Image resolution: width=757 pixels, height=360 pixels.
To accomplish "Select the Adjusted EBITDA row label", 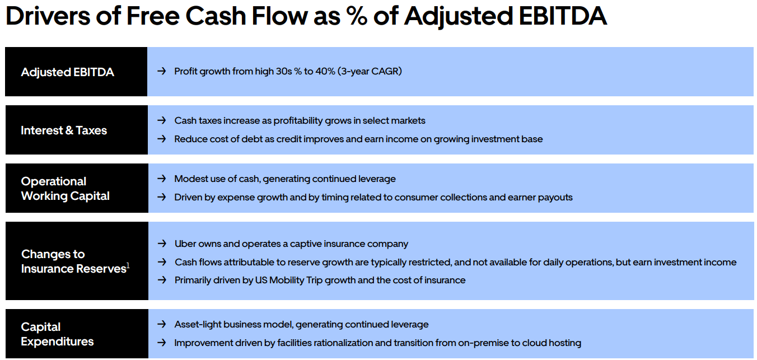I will (x=67, y=72).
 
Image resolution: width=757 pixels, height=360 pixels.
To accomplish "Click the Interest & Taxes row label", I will (x=64, y=130).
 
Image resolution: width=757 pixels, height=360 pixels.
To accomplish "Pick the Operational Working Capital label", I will (x=65, y=189).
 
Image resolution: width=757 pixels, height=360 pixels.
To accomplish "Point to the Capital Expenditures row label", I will (x=57, y=334).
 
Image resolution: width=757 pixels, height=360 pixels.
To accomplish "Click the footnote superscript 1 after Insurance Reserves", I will (x=128, y=265).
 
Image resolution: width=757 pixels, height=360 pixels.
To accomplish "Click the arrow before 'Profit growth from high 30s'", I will (x=162, y=71).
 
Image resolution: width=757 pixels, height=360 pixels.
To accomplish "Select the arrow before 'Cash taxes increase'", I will (x=162, y=120).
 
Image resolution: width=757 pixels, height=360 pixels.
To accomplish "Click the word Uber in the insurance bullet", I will (x=185, y=244).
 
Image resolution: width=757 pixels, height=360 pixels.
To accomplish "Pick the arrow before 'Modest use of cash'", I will (x=162, y=179).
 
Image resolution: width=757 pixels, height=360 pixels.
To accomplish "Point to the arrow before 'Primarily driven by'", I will (x=162, y=280).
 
